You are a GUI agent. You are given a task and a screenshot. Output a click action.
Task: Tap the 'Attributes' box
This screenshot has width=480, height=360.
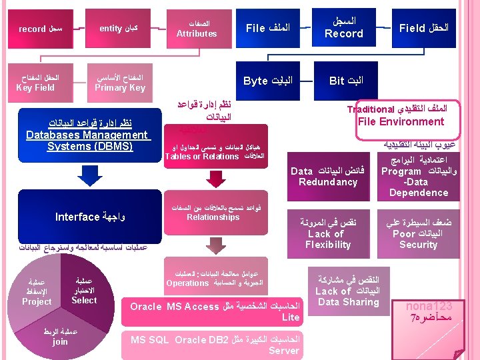(x=197, y=28)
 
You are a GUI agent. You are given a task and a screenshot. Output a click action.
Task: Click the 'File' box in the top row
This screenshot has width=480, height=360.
(x=267, y=28)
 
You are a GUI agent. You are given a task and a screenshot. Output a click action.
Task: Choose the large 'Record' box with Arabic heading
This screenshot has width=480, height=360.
(x=344, y=28)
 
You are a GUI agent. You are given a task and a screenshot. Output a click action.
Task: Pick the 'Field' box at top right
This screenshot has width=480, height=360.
(x=423, y=28)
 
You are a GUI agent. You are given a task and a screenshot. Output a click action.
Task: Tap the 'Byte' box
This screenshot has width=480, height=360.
(x=267, y=81)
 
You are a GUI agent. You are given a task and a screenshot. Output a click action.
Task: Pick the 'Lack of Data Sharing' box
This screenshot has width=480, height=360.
(x=347, y=291)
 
